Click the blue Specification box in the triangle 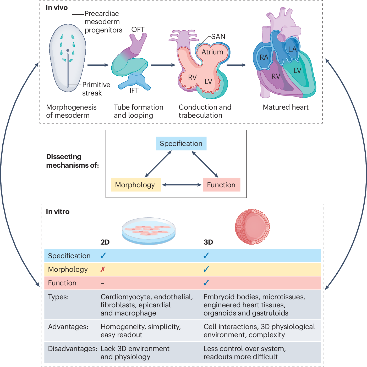pyautogui.click(x=181, y=144)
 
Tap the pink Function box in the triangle pyautogui.click(x=221, y=185)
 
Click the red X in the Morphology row pyautogui.click(x=103, y=269)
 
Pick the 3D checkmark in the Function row pyautogui.click(x=206, y=283)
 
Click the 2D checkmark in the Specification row pyautogui.click(x=103, y=256)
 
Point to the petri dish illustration pyautogui.click(x=149, y=231)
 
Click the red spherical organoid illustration pyautogui.click(x=252, y=227)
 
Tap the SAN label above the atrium pyautogui.click(x=218, y=37)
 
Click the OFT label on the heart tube pyautogui.click(x=138, y=30)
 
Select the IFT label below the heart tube pyautogui.click(x=134, y=91)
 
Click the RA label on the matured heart pyautogui.click(x=264, y=57)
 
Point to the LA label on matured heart pyautogui.click(x=292, y=49)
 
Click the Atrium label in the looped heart pyautogui.click(x=212, y=52)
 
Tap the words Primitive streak pyautogui.click(x=96, y=89)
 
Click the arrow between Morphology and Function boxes pyautogui.click(x=182, y=185)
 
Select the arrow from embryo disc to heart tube pyautogui.click(x=98, y=65)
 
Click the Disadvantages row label pyautogui.click(x=73, y=349)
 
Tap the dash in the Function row pyautogui.click(x=102, y=283)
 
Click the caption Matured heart pyautogui.click(x=286, y=107)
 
